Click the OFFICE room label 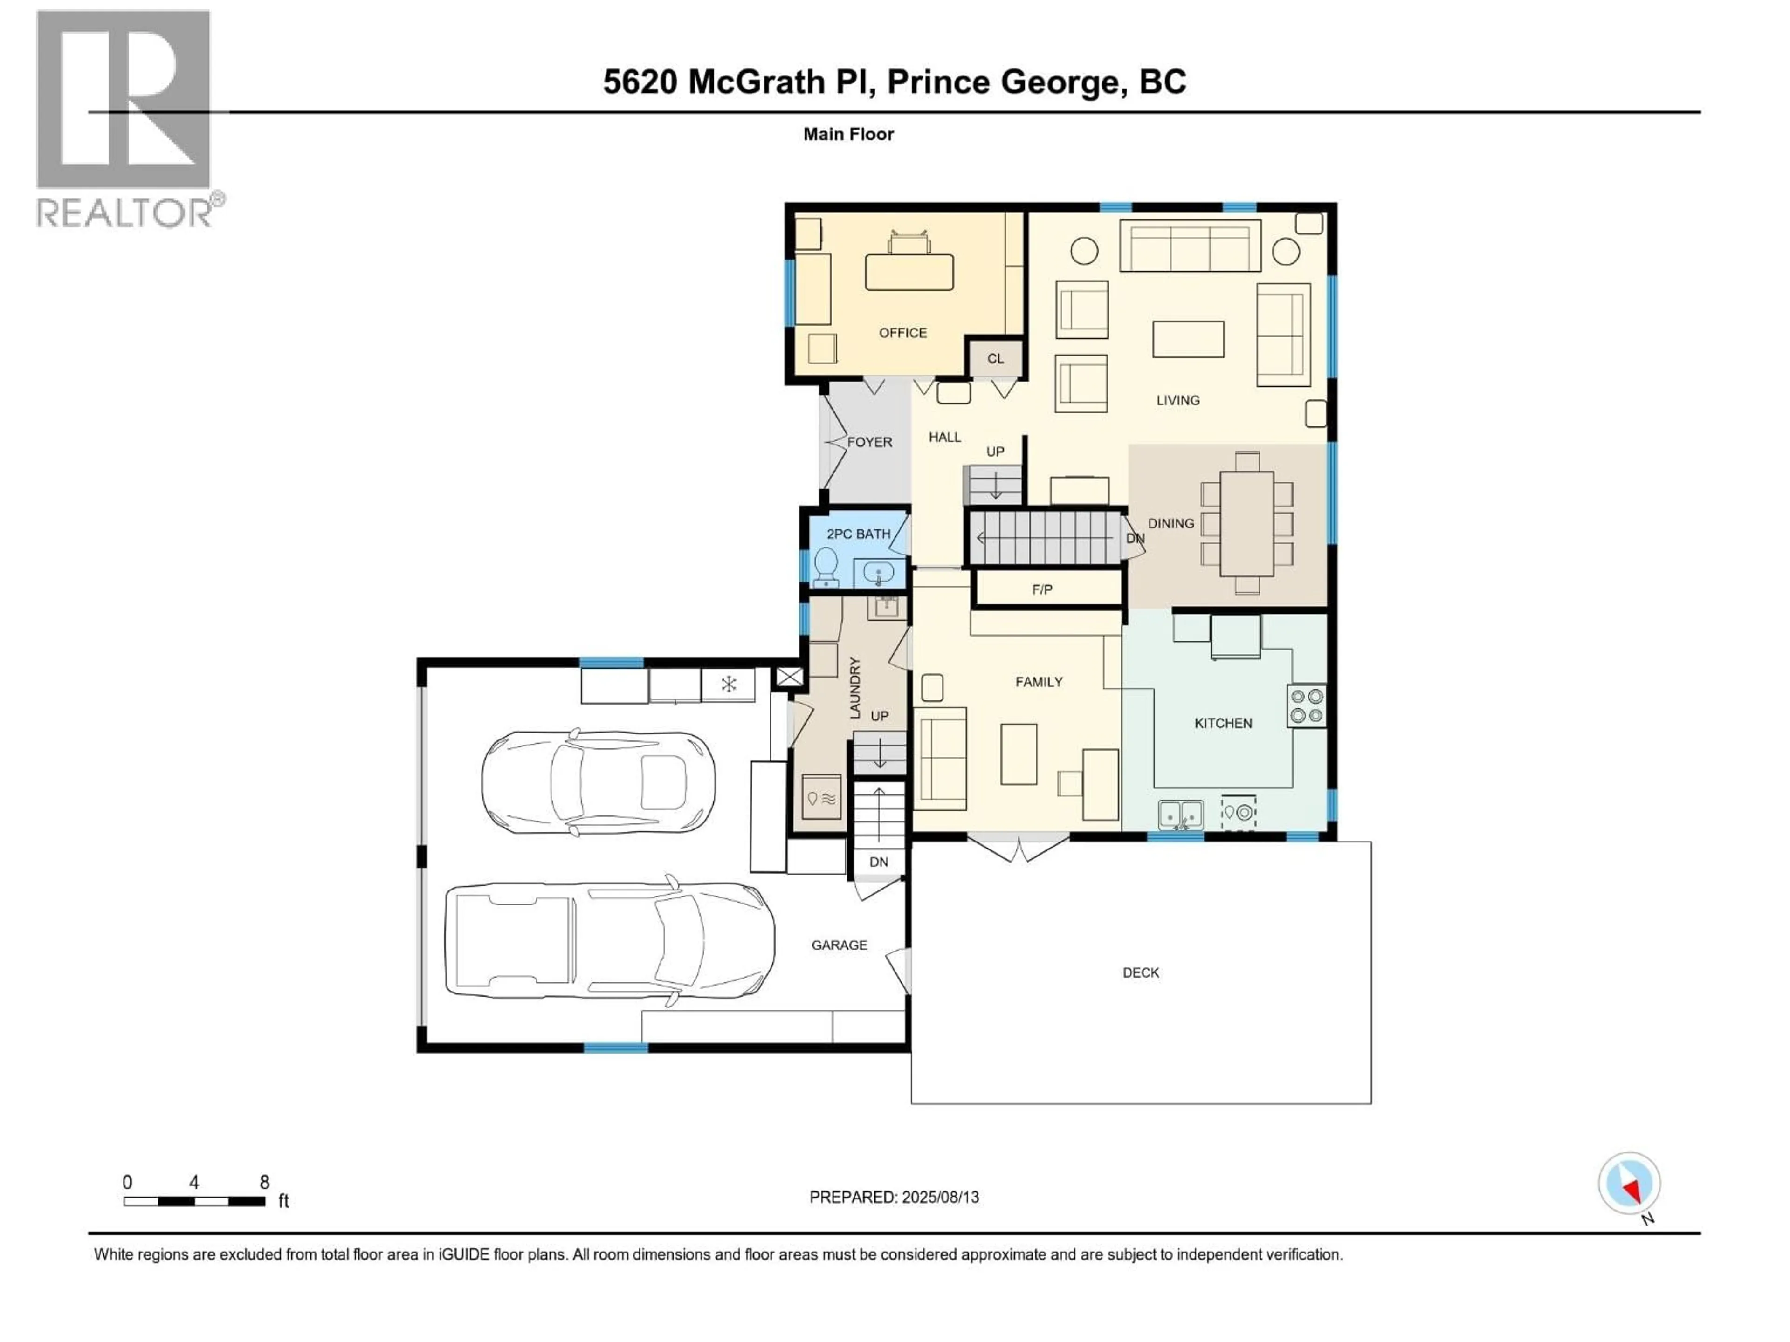(x=902, y=332)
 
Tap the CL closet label (x=995, y=358)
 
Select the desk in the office (x=909, y=272)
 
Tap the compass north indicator (x=1629, y=1186)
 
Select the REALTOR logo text (x=125, y=213)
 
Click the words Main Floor (x=848, y=134)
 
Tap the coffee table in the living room (x=1188, y=339)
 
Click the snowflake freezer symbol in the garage (x=728, y=685)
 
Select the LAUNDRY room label (x=854, y=688)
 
